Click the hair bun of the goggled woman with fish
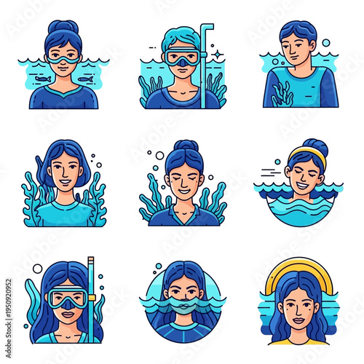(63, 26)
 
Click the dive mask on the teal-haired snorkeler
(181, 58)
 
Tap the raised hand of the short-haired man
(281, 92)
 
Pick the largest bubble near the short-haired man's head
(325, 43)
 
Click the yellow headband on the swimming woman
(306, 153)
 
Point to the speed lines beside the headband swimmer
(270, 172)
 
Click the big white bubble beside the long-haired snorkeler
(37, 269)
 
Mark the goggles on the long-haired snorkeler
(66, 298)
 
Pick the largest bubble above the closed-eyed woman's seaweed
(159, 155)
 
